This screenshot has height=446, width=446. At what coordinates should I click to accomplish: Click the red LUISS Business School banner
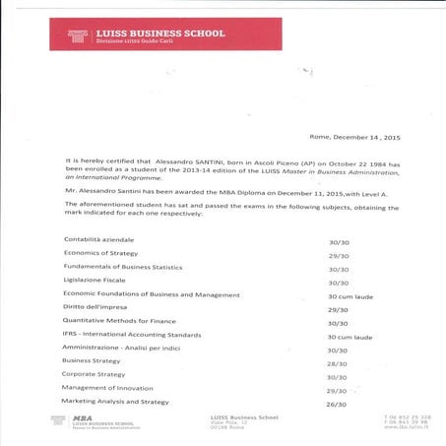pyautogui.click(x=166, y=34)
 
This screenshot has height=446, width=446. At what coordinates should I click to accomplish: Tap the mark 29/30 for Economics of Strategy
pyautogui.click(x=338, y=255)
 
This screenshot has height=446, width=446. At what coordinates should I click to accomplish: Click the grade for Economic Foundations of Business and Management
pyautogui.click(x=350, y=295)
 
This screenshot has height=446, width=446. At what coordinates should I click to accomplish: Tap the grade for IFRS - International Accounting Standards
pyautogui.click(x=350, y=337)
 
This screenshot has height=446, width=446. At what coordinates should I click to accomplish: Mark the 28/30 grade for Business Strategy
pyautogui.click(x=338, y=362)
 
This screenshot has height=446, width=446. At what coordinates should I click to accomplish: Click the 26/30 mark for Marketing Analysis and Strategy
pyautogui.click(x=338, y=403)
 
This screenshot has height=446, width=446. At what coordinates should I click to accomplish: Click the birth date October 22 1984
pyautogui.click(x=350, y=158)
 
